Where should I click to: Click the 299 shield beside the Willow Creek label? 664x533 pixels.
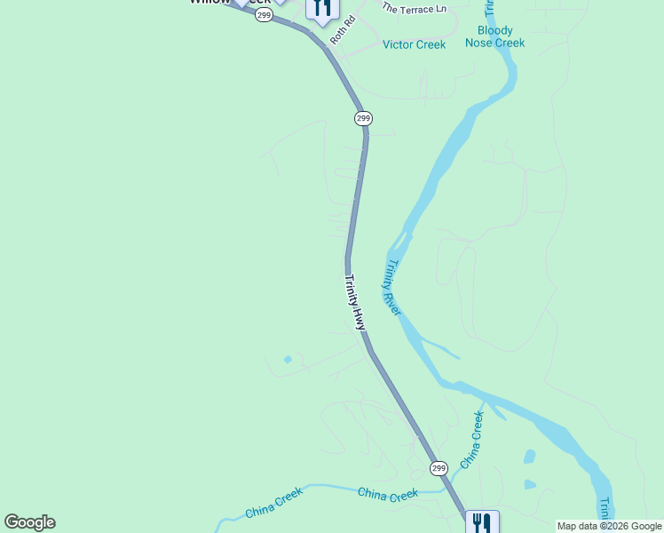pos(264,15)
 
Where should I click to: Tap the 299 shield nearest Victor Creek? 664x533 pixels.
pos(362,118)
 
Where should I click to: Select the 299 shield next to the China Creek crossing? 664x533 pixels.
pos(439,467)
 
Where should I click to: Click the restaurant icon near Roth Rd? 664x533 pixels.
pos(321,8)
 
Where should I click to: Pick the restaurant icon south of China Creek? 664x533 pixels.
pos(482,521)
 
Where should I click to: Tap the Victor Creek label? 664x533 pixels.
pos(414,44)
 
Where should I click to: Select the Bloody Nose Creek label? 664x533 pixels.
pos(495,36)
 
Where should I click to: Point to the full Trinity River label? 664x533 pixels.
pos(391,287)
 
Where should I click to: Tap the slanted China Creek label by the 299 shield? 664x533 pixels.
pos(471,440)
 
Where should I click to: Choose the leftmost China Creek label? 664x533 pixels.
pos(274,507)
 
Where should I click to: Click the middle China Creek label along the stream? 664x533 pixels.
pos(387,494)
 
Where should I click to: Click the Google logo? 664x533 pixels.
pos(29,522)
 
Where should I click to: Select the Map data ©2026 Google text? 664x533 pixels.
pos(609,526)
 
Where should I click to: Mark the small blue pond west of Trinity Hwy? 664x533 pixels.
pos(287,360)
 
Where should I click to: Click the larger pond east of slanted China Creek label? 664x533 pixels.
pos(530,457)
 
